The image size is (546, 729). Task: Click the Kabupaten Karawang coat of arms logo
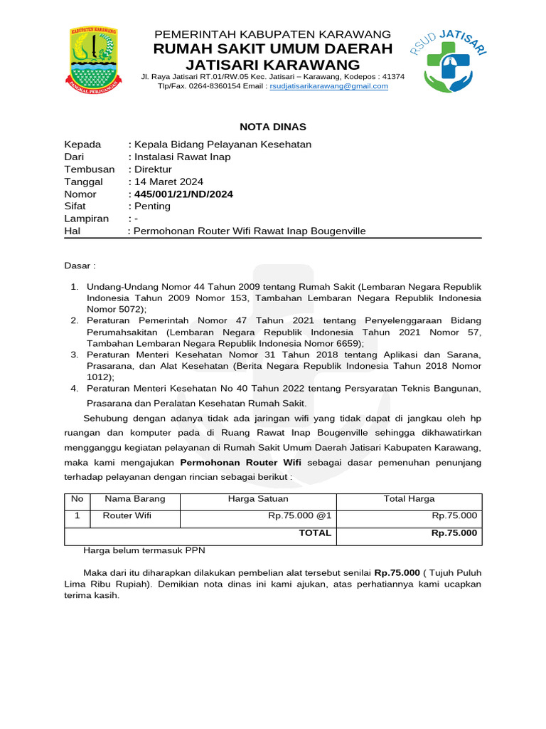93,61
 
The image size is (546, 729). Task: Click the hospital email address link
328,86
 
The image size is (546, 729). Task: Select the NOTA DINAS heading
273,127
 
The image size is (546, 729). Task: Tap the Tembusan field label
89,169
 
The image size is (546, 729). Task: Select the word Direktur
151,169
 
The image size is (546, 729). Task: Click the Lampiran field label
86,219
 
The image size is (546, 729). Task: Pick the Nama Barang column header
134,499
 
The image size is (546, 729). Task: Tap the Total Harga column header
409,499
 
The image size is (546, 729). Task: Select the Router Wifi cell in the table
127,516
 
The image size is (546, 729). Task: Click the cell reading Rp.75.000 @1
299,516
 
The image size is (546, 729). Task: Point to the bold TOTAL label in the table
315,533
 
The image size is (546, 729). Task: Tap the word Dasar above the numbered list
80,266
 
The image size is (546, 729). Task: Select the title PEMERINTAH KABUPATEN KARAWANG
273,34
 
